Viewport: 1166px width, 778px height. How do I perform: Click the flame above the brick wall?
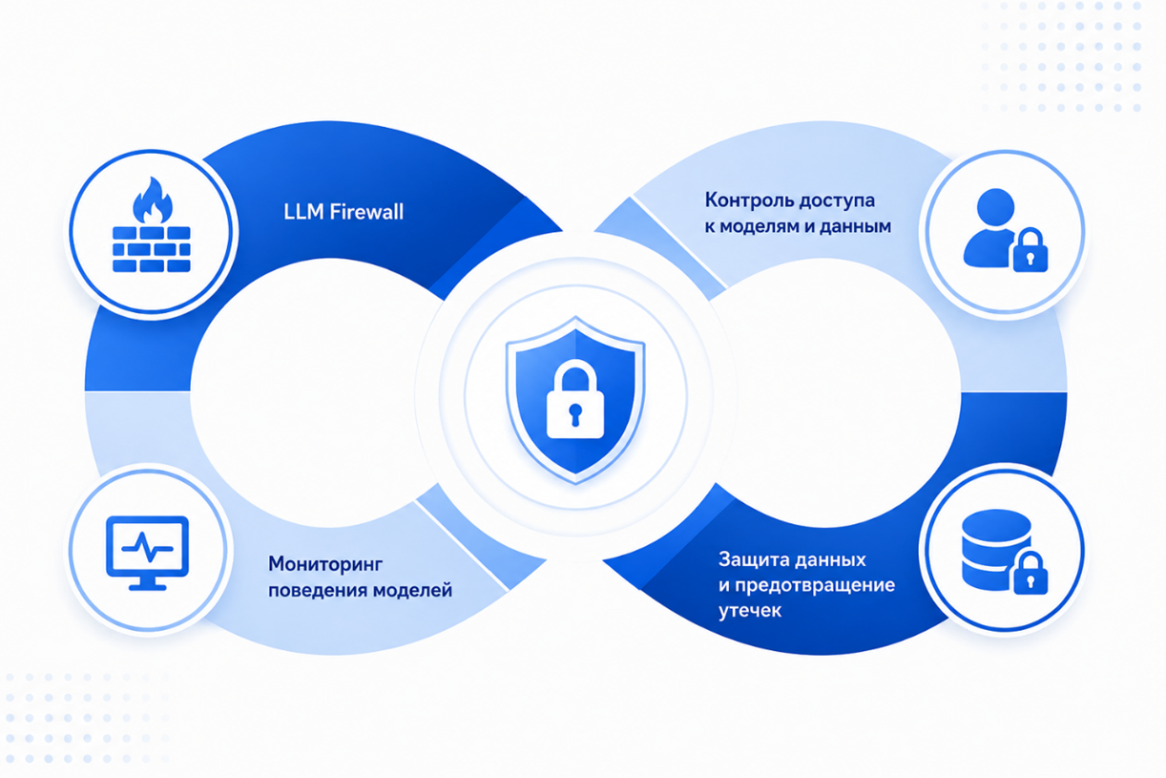(x=152, y=200)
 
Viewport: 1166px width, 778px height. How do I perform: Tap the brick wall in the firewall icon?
(x=152, y=249)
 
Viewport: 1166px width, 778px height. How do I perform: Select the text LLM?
(x=303, y=212)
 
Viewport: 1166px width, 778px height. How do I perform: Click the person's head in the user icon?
(x=995, y=207)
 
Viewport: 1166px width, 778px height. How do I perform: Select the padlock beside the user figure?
(x=1030, y=250)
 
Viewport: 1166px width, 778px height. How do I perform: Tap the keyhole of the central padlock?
(x=575, y=414)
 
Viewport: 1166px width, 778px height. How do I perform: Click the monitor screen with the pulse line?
(x=147, y=546)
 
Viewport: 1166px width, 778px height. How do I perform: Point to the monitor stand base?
(x=147, y=586)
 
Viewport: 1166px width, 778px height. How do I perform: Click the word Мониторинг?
(x=325, y=564)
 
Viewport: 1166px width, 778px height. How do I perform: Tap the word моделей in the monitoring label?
(x=413, y=591)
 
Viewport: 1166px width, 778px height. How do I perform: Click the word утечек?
(x=750, y=610)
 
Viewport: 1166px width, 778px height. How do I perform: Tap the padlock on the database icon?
(x=1030, y=574)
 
